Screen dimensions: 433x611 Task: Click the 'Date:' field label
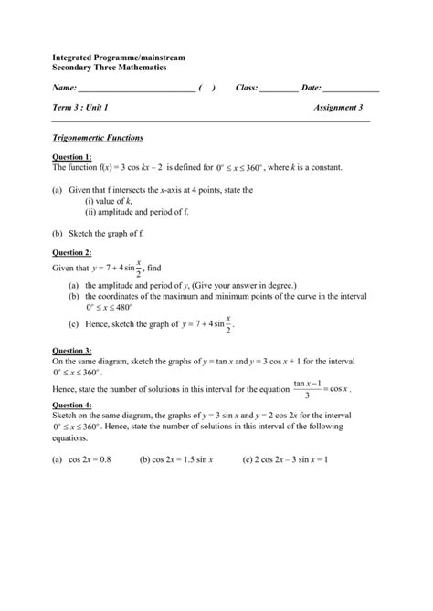pyautogui.click(x=311, y=88)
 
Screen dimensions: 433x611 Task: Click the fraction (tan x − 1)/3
pyautogui.click(x=305, y=389)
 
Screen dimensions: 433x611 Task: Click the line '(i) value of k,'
pyautogui.click(x=109, y=200)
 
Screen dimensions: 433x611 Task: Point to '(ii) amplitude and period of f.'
pyautogui.click(x=136, y=211)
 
